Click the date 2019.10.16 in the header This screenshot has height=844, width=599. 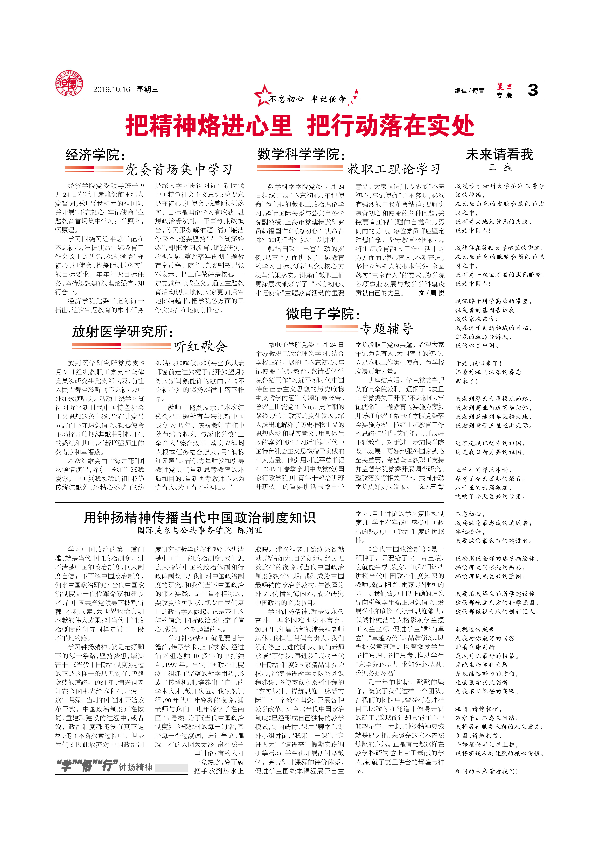111,90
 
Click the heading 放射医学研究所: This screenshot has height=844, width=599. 123,331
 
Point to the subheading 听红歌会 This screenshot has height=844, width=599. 201,346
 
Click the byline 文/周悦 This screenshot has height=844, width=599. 431,293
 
